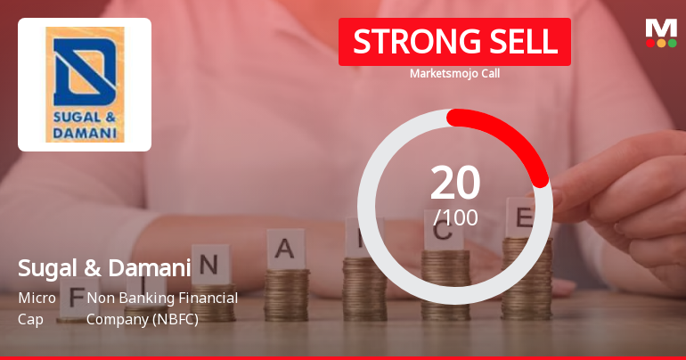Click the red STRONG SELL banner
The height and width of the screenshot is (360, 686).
(x=454, y=42)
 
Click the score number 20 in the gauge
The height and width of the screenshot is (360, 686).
(x=455, y=184)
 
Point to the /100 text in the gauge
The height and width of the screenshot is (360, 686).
(x=455, y=217)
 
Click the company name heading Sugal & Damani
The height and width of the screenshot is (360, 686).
(x=104, y=268)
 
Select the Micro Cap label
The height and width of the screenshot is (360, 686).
(x=37, y=307)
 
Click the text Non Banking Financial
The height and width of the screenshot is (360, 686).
(x=162, y=298)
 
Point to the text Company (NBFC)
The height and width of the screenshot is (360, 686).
(x=142, y=318)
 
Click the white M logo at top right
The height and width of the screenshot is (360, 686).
(x=661, y=28)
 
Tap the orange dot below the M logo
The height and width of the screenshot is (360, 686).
(x=661, y=43)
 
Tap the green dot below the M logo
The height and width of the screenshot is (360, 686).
(x=672, y=43)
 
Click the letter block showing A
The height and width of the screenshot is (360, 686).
(x=285, y=249)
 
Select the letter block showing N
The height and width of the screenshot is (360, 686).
(x=210, y=264)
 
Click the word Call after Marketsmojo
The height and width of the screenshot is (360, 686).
(x=488, y=74)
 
